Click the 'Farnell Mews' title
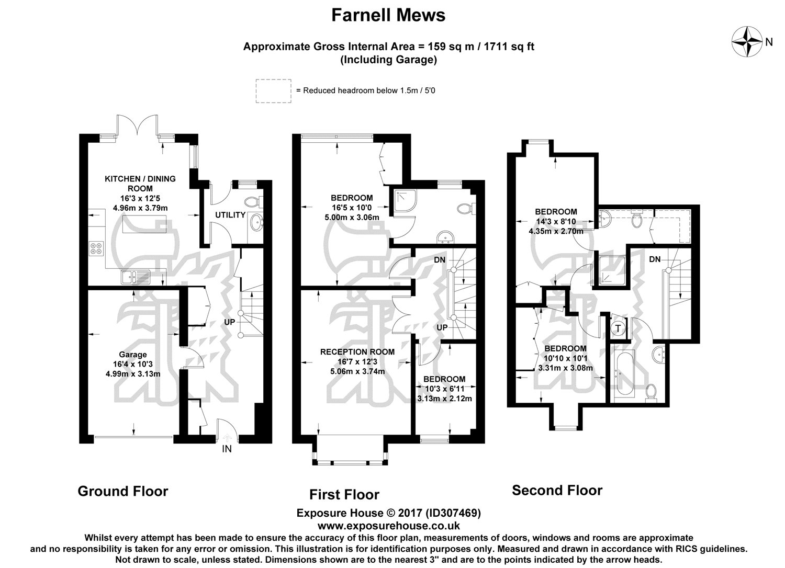pos(388,15)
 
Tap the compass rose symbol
pos(746,42)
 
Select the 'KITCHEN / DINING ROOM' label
pos(140,183)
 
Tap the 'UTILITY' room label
pos(230,215)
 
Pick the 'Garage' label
pos(133,355)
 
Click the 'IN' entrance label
pos(227,448)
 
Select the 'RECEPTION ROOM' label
pos(357,352)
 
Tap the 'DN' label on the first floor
pos(440,260)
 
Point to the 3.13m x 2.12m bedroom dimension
pos(444,398)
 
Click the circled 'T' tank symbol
pos(619,328)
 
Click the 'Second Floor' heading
pos(557,490)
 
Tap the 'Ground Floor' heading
pos(123,491)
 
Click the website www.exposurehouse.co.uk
pos(388,526)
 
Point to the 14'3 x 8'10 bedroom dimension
pos(556,221)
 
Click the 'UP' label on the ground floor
pos(229,322)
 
